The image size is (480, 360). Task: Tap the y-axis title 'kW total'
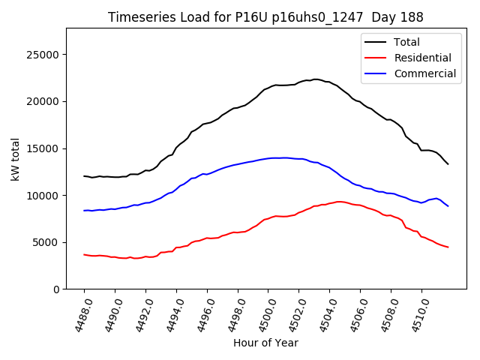pyautogui.click(x=16, y=159)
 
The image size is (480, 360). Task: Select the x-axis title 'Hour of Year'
pyautogui.click(x=265, y=343)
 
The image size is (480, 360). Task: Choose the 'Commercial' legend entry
pyautogui.click(x=424, y=73)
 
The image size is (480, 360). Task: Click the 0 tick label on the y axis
pyautogui.click(x=56, y=289)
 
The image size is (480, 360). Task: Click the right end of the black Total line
pyautogui.click(x=448, y=164)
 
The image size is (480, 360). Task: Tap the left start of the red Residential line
pyautogui.click(x=84, y=254)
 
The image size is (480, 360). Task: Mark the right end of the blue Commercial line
pyautogui.click(x=448, y=206)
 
